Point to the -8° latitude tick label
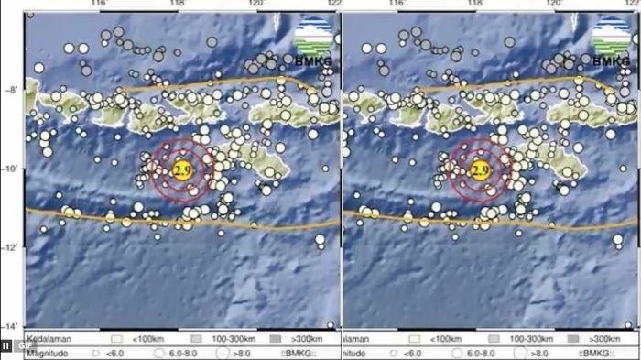pos(11,91)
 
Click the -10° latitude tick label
pos(11,169)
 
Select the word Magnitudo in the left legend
pos(45,352)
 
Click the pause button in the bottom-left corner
pos(6,345)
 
